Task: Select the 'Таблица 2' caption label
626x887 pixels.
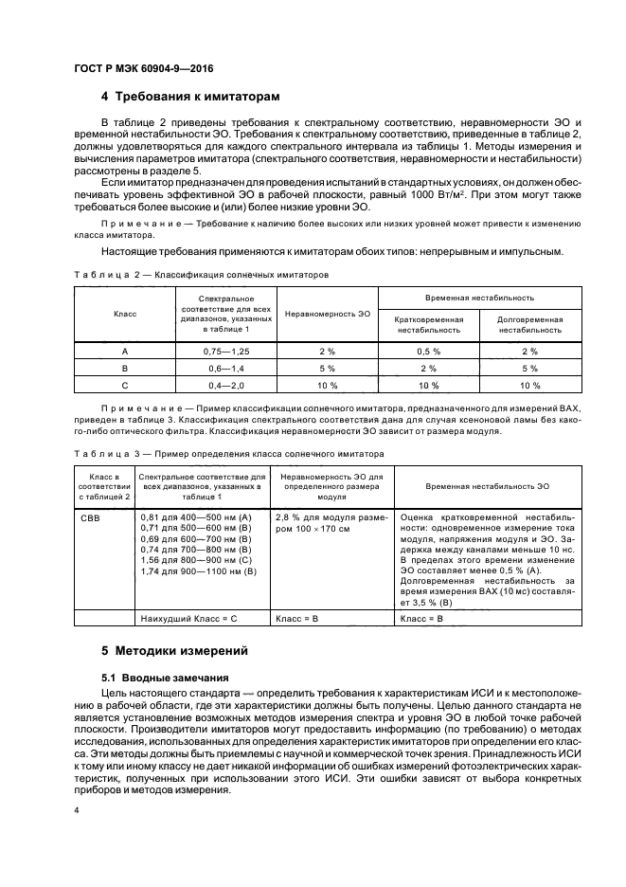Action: coord(105,274)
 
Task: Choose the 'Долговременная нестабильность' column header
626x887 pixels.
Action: coord(529,325)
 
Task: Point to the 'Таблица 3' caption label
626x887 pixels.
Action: coord(105,454)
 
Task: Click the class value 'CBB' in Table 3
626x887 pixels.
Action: coord(91,518)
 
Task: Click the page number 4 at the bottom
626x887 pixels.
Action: coord(77,810)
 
